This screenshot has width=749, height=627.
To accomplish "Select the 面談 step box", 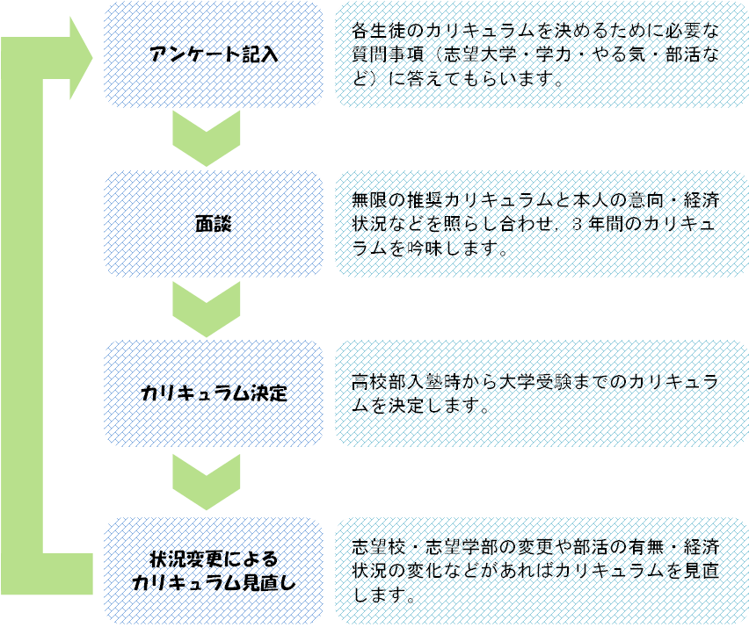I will click(214, 224).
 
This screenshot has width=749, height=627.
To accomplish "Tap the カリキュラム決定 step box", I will click(214, 393).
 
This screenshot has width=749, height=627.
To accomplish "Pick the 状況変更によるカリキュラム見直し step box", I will click(214, 571).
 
